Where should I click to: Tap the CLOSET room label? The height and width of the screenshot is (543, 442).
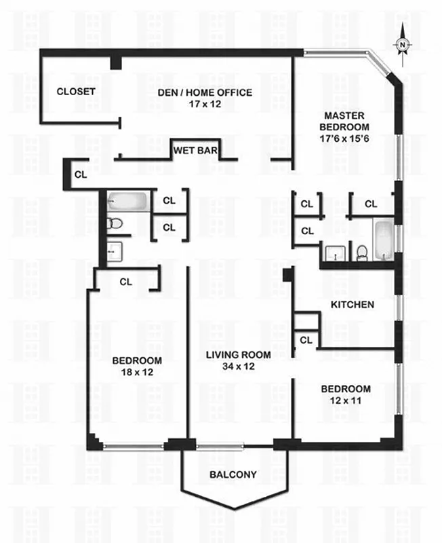75,92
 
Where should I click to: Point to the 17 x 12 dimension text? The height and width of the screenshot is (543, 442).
206,105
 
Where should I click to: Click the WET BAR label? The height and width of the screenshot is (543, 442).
195,150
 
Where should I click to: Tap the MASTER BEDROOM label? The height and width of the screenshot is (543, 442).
346,121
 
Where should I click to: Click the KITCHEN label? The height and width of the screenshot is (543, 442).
352,305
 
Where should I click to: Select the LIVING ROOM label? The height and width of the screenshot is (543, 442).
238,355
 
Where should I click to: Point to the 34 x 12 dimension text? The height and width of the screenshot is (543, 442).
238,367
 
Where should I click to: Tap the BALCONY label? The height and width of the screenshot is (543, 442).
233,474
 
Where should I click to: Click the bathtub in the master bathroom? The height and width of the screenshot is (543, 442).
383,239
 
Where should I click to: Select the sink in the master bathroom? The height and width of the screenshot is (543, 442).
334,254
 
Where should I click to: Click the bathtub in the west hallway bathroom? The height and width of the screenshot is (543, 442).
124,202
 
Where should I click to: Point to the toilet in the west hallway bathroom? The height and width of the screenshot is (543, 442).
115,223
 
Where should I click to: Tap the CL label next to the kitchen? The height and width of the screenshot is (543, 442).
306,339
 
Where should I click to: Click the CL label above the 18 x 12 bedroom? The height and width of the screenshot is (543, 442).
125,280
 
